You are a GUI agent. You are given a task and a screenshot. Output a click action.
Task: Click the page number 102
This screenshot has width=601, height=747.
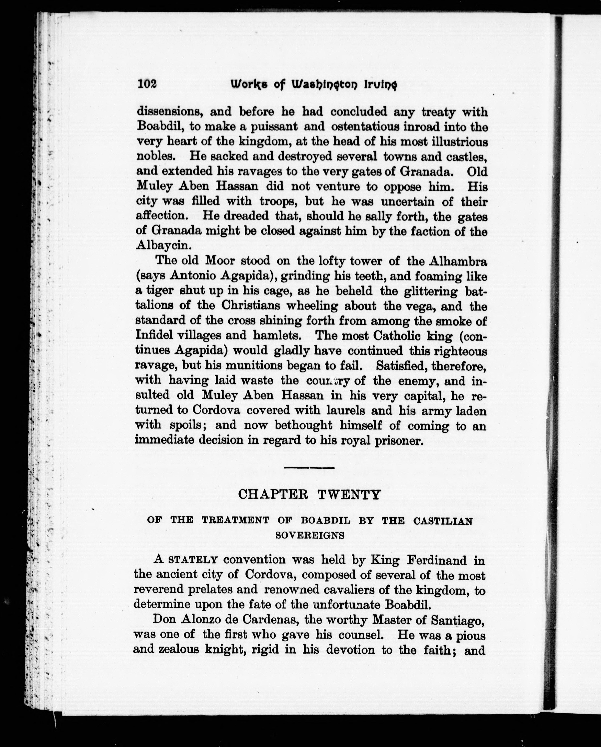[147, 84]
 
